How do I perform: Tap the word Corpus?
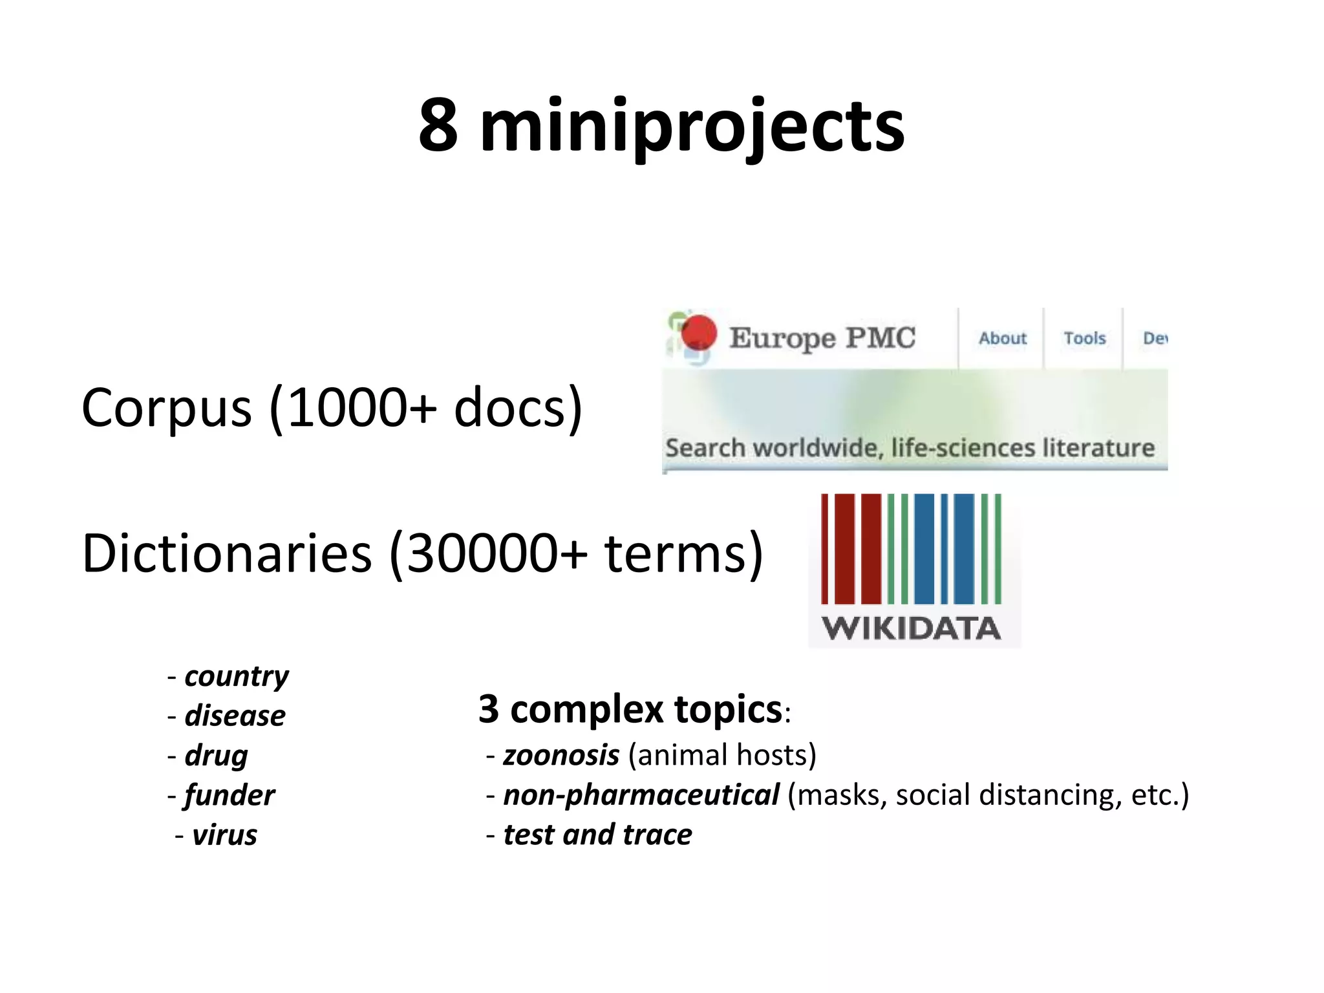pos(166,408)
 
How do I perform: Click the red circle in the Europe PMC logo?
pos(699,332)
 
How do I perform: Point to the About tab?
pos(1002,338)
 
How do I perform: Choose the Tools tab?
pos(1084,338)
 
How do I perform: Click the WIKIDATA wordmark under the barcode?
pos(911,628)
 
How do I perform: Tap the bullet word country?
pos(237,676)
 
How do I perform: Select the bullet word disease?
pos(235,716)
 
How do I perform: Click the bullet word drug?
pos(216,756)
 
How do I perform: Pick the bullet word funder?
pos(230,795)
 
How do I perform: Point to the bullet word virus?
pos(224,835)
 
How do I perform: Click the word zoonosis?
pos(561,755)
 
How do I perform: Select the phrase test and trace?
pos(597,835)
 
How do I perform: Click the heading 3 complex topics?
pos(630,709)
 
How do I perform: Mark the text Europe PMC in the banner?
pos(822,337)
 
